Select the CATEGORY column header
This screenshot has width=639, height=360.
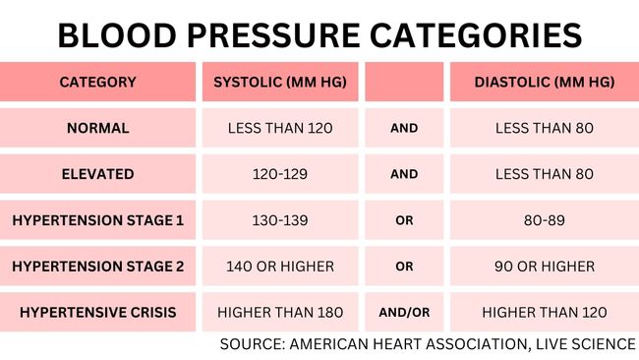97,82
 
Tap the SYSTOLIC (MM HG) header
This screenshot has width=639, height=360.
279,82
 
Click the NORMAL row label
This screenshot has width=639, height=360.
97,128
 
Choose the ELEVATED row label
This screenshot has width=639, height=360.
97,174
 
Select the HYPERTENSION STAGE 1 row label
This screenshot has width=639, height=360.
97,220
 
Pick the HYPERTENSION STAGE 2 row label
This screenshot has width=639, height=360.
97,267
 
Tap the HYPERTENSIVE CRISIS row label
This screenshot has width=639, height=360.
97,313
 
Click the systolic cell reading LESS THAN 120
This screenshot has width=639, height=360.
279,128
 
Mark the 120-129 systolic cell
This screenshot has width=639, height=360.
279,174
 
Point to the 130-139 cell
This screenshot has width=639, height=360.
279,220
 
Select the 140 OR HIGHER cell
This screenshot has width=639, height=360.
279,267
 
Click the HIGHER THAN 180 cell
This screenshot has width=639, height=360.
279,313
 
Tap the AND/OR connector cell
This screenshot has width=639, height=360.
404,313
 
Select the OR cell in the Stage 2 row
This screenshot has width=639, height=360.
404,267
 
